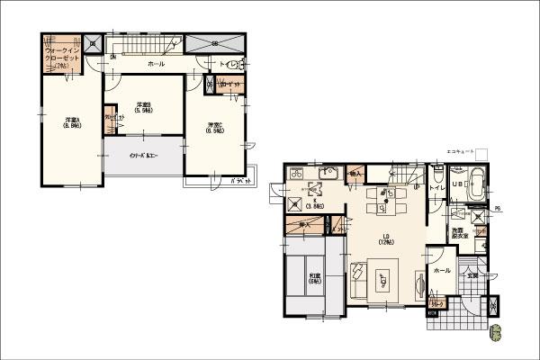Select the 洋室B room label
(144, 107)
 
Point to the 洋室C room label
(214, 128)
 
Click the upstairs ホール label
(156, 65)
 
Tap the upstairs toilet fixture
(233, 63)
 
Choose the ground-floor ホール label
(442, 270)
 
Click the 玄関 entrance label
(472, 274)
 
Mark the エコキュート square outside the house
(481, 154)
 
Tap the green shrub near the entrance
(494, 334)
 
